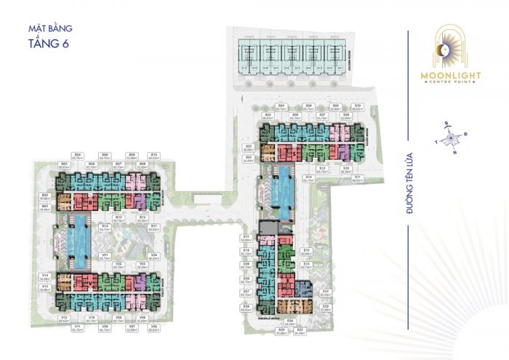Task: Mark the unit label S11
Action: (357, 178)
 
